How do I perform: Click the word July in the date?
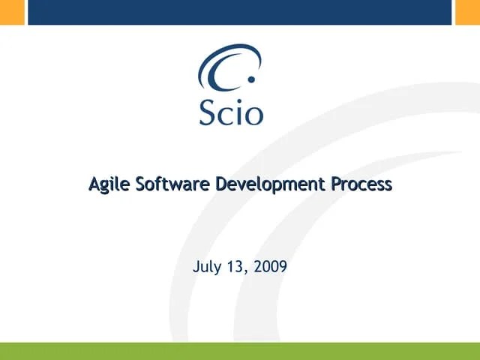[x=206, y=266]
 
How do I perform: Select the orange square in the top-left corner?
[x=12, y=12]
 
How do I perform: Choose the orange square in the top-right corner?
[x=467, y=12]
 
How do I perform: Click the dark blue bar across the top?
[x=240, y=12]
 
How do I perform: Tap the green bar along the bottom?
[x=240, y=351]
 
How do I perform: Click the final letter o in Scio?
[x=253, y=114]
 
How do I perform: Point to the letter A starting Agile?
[x=94, y=183]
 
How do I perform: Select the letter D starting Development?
[x=221, y=183]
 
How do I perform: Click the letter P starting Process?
[x=337, y=183]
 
